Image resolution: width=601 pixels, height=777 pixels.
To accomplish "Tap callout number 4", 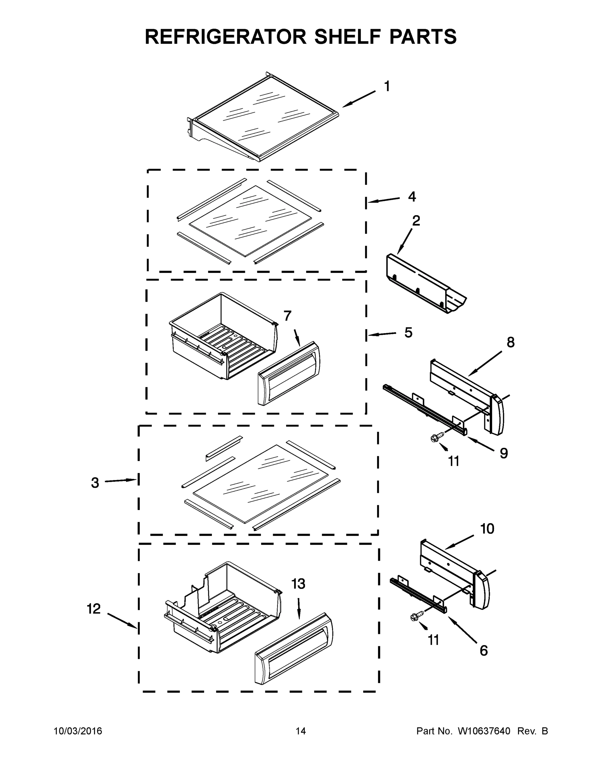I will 412,197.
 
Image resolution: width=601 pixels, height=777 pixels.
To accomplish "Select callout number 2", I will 416,221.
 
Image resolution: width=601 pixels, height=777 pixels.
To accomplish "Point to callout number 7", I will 287,316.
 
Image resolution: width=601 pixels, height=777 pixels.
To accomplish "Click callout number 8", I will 511,343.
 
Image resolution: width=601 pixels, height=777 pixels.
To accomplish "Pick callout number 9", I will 503,453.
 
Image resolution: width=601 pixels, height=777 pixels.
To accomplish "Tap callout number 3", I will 95,483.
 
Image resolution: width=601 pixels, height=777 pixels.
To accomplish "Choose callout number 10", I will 487,529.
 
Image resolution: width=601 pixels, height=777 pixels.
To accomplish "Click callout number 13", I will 298,584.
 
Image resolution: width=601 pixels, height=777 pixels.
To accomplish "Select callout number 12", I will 94,609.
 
